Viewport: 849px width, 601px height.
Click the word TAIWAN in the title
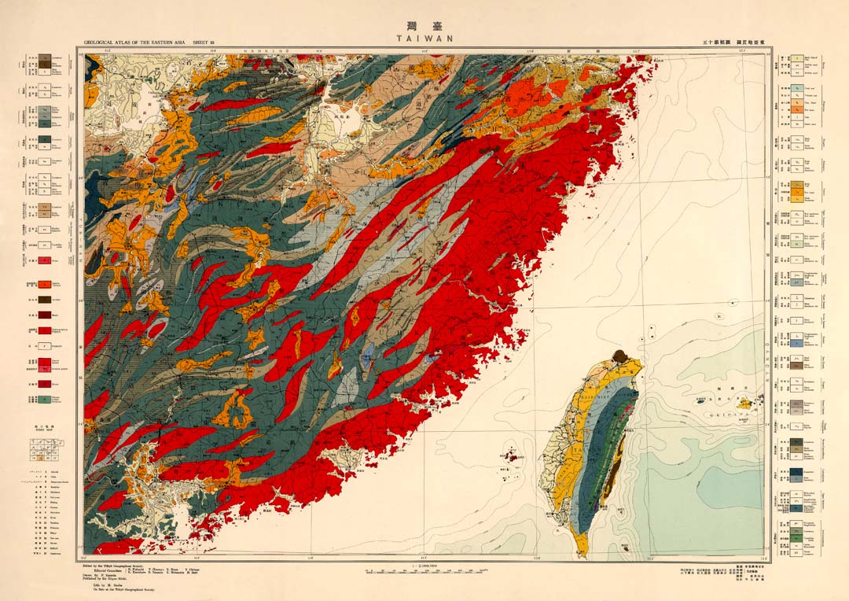pyautogui.click(x=424, y=37)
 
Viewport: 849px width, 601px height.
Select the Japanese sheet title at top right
pyautogui.click(x=732, y=41)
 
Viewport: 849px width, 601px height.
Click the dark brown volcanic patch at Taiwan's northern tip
pyautogui.click(x=619, y=356)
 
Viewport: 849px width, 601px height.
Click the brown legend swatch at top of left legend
pyautogui.click(x=46, y=59)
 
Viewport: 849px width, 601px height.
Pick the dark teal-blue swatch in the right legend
pyautogui.click(x=796, y=444)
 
